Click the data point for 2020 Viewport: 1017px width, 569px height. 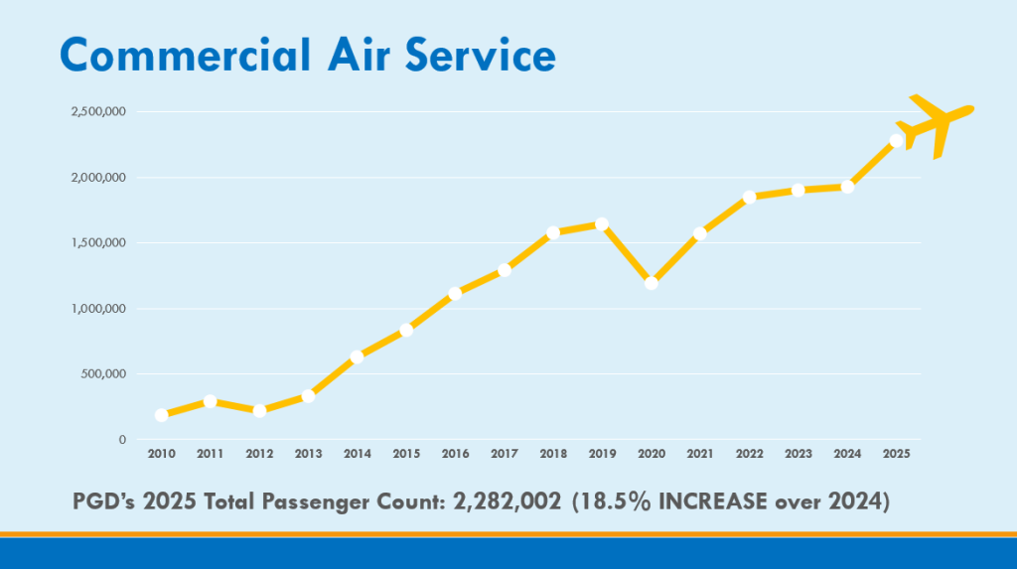652,283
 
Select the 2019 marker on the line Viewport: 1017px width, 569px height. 602,224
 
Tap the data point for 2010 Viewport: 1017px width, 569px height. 162,415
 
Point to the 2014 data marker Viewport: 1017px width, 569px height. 357,356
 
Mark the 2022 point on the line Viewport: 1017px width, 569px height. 750,197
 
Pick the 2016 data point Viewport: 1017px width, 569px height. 455,294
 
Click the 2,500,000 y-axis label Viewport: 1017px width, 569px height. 97,112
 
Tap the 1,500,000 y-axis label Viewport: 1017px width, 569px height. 97,243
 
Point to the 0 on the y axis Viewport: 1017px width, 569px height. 122,440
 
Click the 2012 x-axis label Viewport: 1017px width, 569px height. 259,454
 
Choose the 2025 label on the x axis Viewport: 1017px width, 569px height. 896,454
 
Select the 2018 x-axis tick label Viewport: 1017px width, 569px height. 553,454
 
